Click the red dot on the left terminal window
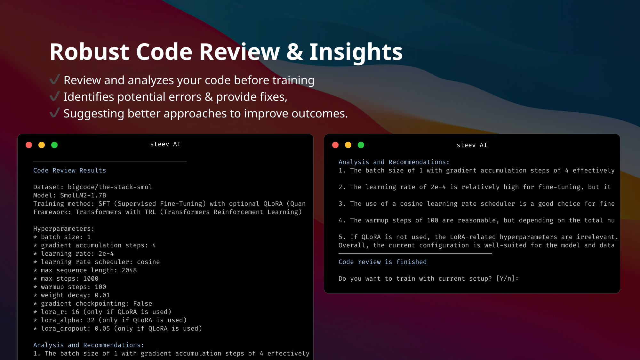coord(29,145)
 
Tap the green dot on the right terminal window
coord(361,145)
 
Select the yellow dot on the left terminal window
coord(42,145)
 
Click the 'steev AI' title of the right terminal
coord(472,145)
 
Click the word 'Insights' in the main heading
coord(356,52)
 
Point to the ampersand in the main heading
coord(294,52)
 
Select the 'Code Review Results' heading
coord(69,171)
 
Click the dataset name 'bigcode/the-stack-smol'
coord(110,187)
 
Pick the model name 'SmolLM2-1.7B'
coord(83,196)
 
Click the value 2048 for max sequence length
coord(129,270)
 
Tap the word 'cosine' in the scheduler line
coord(148,262)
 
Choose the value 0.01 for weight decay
coord(102,295)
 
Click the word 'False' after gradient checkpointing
coord(142,304)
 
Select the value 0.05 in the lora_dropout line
coord(102,329)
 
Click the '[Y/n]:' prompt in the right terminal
coord(507,279)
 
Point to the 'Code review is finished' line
coord(382,262)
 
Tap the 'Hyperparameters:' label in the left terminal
coord(64,229)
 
